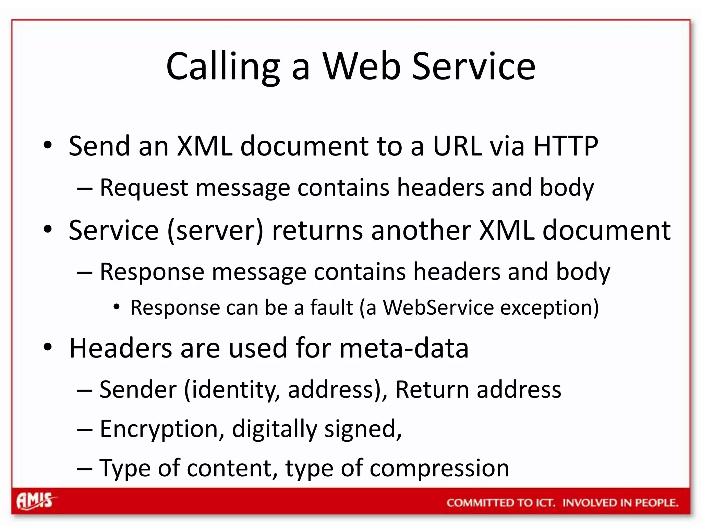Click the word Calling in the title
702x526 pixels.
(x=223, y=67)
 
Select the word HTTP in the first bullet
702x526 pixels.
(x=566, y=146)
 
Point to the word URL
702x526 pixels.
(x=457, y=146)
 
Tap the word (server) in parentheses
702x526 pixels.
(x=215, y=230)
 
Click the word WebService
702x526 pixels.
(x=438, y=308)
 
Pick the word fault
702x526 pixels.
(x=331, y=308)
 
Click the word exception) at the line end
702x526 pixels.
(x=549, y=308)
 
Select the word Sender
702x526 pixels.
(x=138, y=390)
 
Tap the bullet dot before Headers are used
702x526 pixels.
(x=48, y=347)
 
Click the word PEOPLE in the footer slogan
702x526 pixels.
(x=656, y=503)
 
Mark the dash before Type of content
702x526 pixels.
(x=85, y=468)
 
